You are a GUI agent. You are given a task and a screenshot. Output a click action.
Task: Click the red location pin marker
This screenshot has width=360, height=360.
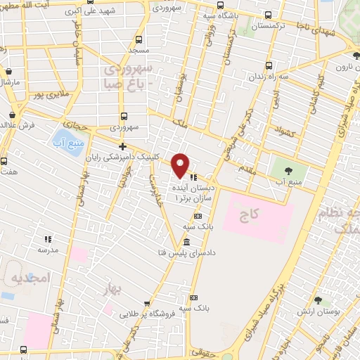click(x=181, y=165)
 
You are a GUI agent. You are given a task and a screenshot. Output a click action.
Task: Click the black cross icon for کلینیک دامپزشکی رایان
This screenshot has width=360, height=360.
click(x=123, y=147)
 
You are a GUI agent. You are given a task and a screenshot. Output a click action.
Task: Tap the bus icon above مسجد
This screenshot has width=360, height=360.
click(x=138, y=39)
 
